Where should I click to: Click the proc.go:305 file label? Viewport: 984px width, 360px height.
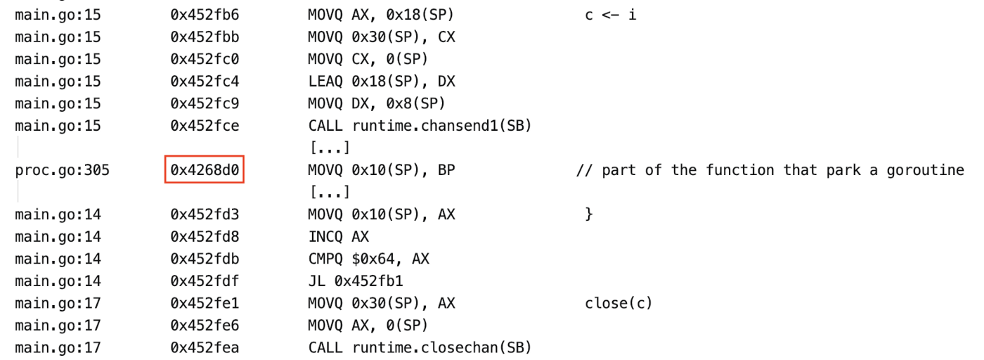pos(62,170)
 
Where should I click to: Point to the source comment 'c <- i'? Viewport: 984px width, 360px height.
pos(610,15)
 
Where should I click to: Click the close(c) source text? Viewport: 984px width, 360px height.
pos(619,303)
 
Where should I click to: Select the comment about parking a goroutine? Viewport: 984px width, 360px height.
pos(770,170)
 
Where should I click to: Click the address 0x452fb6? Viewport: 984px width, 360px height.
pos(203,15)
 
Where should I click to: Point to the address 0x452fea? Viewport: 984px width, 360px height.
pos(203,347)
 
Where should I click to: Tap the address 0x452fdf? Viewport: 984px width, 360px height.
pos(203,281)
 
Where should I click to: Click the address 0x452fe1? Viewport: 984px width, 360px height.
pos(203,303)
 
